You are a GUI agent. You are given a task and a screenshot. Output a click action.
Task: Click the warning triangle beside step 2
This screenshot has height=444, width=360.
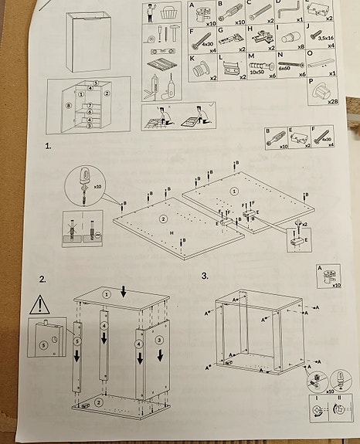tap(39, 303)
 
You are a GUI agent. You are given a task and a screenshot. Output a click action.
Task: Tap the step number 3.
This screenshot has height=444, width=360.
tap(205, 276)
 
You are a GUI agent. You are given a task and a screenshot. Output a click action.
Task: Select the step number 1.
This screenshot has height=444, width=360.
tap(49, 144)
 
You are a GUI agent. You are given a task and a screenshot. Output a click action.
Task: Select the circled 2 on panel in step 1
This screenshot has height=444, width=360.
tap(163, 219)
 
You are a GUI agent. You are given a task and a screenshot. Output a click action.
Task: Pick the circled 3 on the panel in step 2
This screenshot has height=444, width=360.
tap(158, 339)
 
